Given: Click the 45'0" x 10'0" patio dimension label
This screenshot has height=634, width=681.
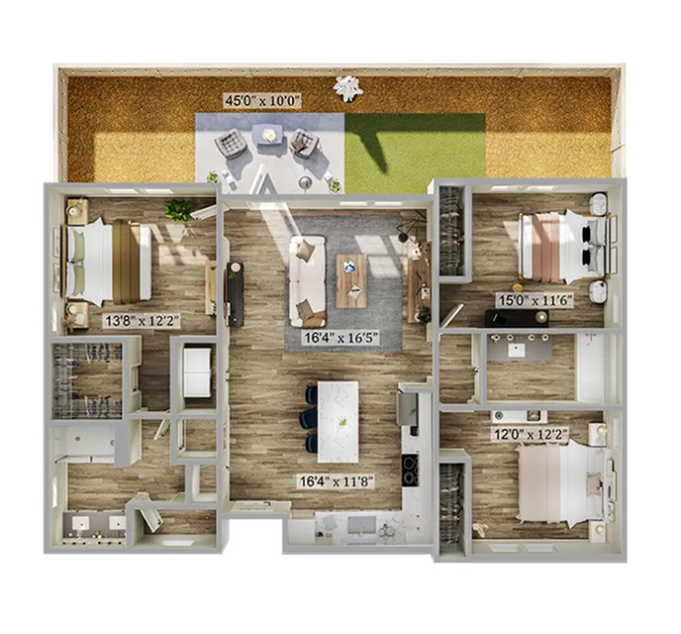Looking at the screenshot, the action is tap(262, 101).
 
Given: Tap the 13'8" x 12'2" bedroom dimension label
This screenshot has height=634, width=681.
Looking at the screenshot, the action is tap(142, 321).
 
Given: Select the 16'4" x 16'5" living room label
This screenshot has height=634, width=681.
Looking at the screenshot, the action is tap(341, 338).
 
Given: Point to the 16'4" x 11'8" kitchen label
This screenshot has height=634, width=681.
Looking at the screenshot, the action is tap(336, 481).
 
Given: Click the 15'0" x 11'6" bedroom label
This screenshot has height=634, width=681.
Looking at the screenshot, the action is tap(535, 300).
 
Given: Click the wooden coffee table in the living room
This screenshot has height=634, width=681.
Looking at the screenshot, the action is tap(351, 280).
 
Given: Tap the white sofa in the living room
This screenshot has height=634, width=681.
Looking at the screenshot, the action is tap(308, 281).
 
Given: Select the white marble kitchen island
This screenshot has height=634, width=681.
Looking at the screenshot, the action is tap(338, 422).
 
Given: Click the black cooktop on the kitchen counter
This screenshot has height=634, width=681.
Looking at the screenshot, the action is tap(411, 470).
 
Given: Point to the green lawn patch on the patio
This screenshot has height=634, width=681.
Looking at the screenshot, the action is tap(415, 153).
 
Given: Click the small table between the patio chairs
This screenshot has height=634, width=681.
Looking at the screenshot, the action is tap(268, 135).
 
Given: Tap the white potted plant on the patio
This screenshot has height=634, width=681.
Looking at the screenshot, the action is tap(347, 88).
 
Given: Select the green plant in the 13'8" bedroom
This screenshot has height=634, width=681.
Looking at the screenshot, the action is tap(179, 210).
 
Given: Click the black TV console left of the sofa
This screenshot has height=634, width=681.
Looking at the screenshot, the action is tap(235, 294).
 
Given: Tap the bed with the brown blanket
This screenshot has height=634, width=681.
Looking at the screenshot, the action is tap(108, 262).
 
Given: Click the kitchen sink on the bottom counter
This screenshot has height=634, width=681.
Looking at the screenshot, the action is tap(362, 525).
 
